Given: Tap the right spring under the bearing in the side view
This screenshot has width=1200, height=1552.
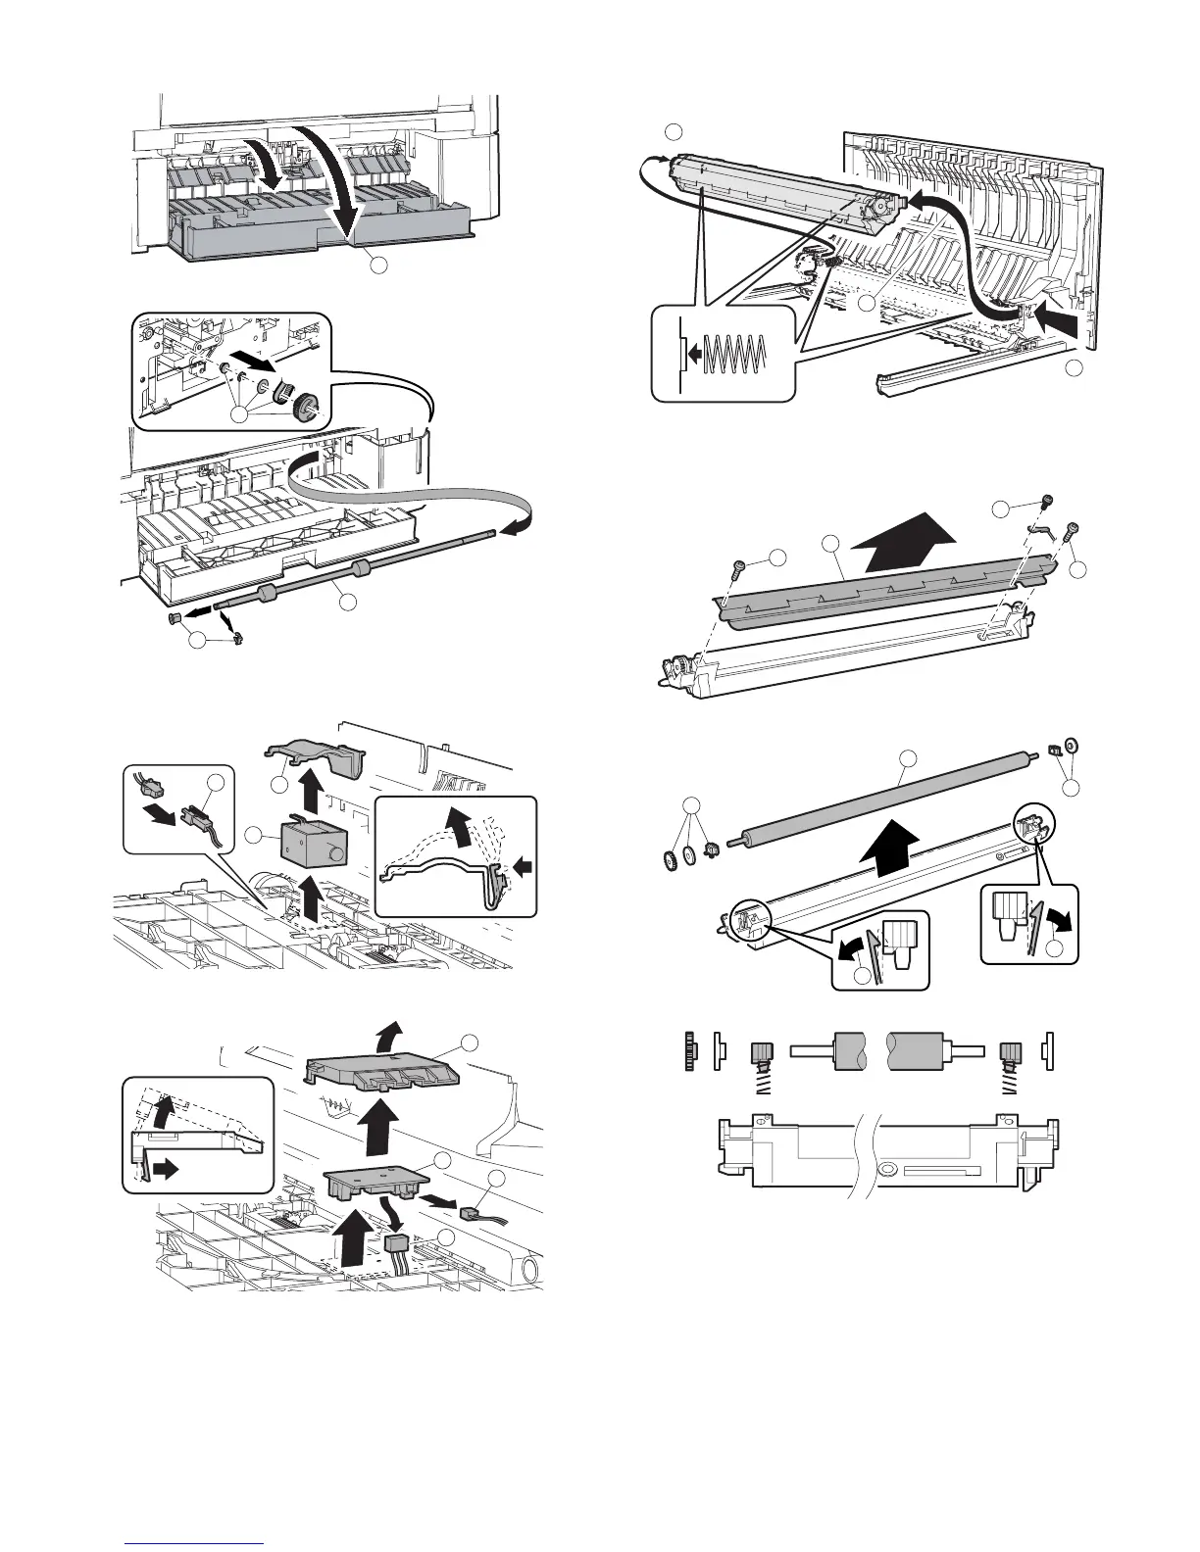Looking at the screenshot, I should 1010,1083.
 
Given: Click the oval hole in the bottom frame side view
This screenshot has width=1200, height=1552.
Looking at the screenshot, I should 887,1169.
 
